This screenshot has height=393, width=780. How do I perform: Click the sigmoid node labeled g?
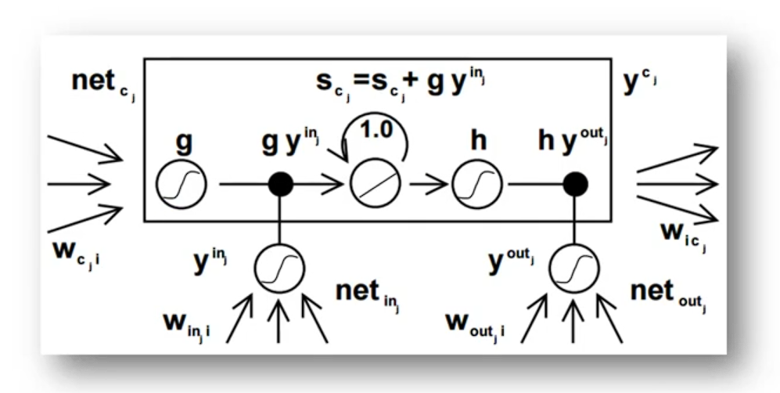181,185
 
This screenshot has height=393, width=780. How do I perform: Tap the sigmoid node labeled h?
473,185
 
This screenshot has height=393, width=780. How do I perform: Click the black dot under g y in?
280,185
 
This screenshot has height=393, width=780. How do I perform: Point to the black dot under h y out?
576,185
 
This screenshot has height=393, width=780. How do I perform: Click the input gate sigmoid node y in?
279,270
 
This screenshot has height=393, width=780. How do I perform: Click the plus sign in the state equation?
413,81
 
